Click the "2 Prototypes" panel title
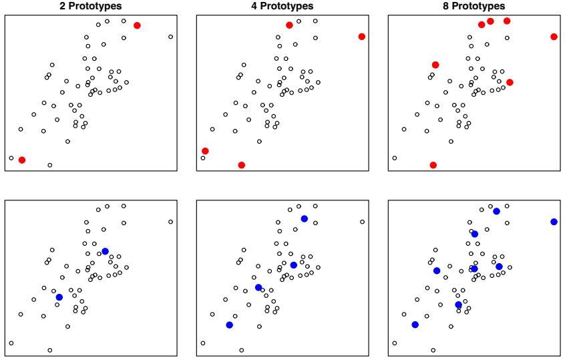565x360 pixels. tap(91, 6)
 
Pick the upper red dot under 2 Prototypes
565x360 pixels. tap(137, 25)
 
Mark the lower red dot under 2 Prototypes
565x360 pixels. tap(22, 160)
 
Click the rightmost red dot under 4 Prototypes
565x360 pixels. tap(361, 36)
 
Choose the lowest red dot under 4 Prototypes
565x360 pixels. tap(241, 165)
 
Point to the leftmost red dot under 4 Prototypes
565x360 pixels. tap(205, 151)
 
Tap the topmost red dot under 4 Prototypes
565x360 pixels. tap(289, 25)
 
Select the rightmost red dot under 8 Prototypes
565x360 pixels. tap(554, 36)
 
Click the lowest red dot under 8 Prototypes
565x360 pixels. tap(433, 165)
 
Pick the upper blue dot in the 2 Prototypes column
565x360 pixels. tap(105, 251)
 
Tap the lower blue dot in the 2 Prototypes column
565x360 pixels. tap(59, 297)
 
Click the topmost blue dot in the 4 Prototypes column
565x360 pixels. tap(304, 218)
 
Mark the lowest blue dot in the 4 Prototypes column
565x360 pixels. tap(229, 325)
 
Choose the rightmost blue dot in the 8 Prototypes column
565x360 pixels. tap(554, 222)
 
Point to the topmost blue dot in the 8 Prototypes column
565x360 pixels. tap(496, 211)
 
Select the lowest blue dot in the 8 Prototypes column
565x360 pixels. tap(415, 325)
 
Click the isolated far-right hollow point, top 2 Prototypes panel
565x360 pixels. tap(170, 37)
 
